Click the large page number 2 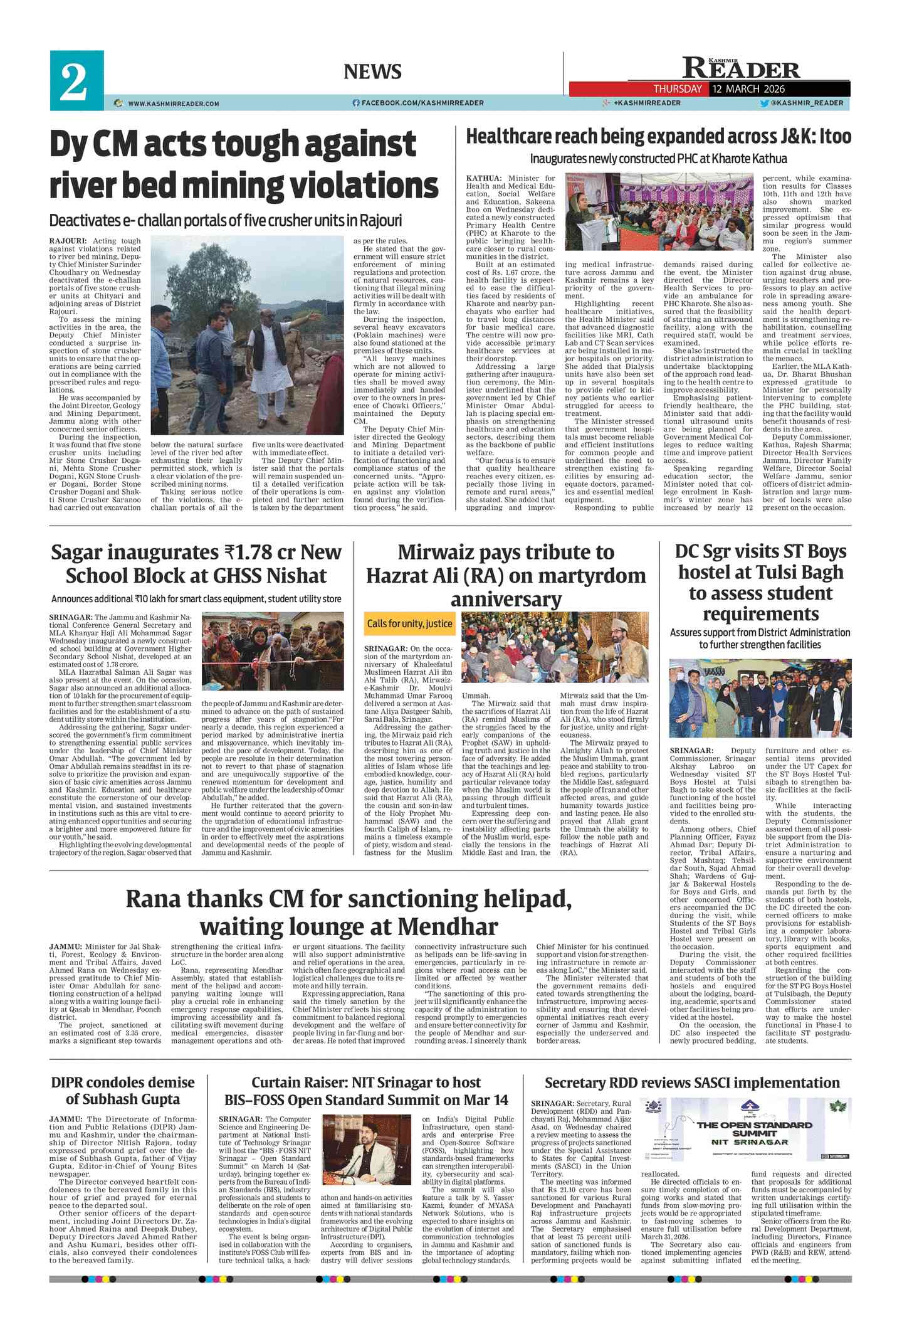[x=74, y=82]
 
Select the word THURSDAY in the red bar [x=678, y=89]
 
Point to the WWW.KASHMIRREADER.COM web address [x=173, y=103]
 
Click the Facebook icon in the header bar [x=356, y=103]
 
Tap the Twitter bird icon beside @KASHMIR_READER [x=764, y=103]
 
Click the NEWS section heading [x=372, y=71]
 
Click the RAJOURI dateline [x=68, y=241]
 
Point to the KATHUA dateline [x=483, y=178]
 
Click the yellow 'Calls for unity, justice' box [x=410, y=623]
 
